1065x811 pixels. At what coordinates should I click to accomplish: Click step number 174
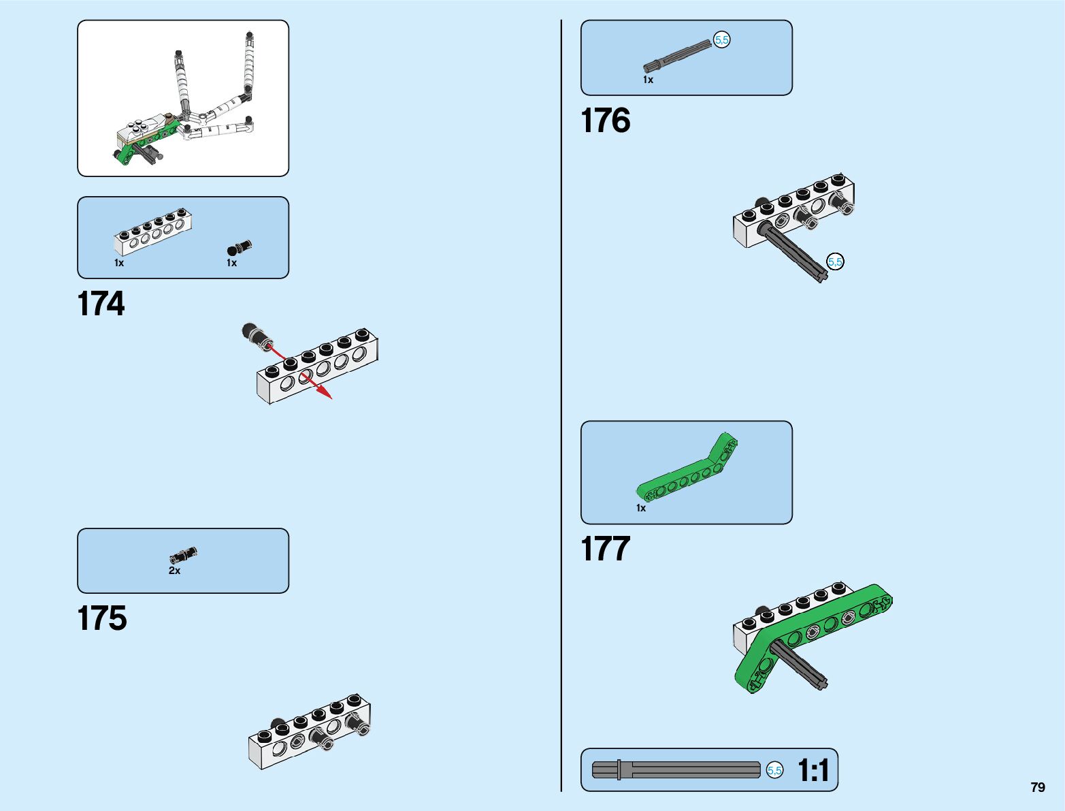(x=101, y=304)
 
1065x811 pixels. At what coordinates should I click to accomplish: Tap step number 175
(x=102, y=618)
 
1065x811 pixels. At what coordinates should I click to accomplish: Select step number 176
(x=605, y=121)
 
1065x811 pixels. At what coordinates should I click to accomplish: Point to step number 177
(x=605, y=549)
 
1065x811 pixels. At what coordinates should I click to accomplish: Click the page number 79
(x=1037, y=787)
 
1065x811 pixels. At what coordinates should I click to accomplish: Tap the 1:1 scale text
(x=813, y=771)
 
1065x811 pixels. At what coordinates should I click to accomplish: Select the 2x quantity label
(x=175, y=571)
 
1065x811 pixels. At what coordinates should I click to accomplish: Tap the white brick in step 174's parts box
(x=152, y=232)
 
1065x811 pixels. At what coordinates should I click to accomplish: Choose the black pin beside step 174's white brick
(x=240, y=247)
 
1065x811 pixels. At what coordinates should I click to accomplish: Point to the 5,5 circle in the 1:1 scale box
(x=774, y=770)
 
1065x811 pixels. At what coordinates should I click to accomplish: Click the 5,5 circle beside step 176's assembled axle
(x=835, y=261)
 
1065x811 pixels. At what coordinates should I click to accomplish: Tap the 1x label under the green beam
(x=641, y=508)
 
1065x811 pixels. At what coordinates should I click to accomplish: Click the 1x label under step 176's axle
(x=648, y=80)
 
